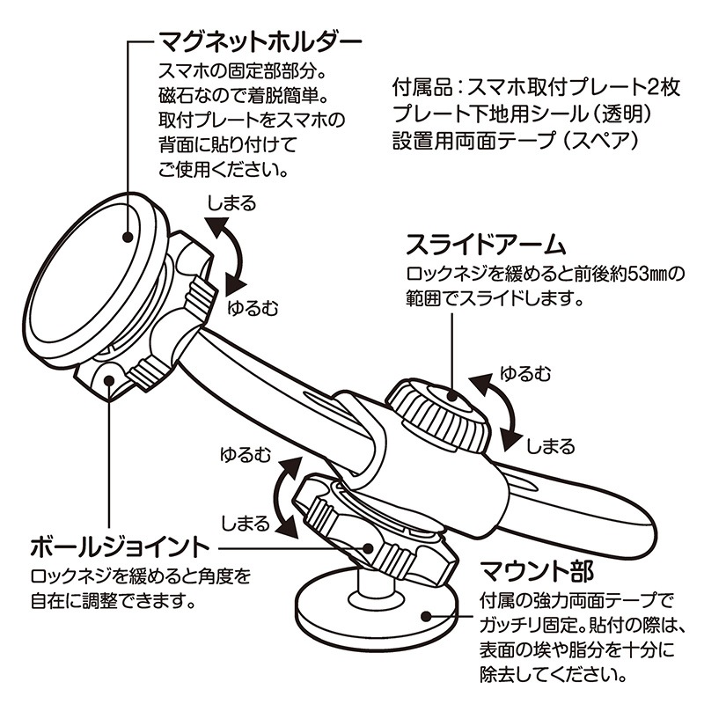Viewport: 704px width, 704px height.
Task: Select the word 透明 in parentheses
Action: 628,114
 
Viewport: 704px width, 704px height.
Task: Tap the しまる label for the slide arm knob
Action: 550,445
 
